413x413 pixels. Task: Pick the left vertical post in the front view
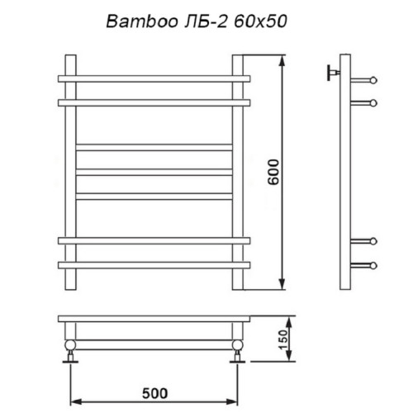click(71, 173)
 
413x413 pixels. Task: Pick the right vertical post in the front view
click(239, 173)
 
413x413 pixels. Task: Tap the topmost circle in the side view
click(373, 79)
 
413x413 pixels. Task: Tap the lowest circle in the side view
click(373, 265)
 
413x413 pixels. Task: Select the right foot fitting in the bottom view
click(238, 350)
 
